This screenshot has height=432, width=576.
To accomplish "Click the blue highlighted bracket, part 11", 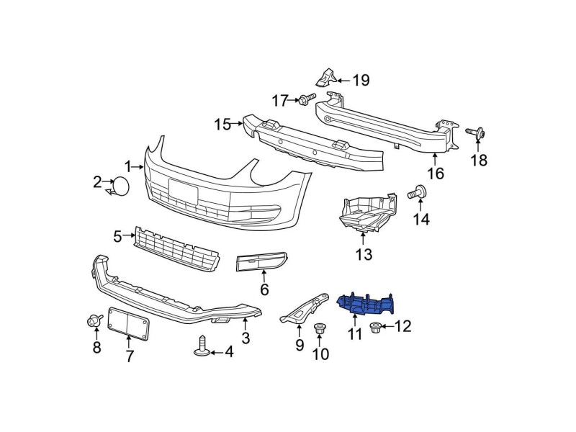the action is [366, 304].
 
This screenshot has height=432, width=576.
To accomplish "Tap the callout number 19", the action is [361, 81].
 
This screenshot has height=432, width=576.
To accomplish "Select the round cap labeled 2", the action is [121, 186].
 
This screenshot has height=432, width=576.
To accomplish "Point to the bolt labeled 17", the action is [307, 99].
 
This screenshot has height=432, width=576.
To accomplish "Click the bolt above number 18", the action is [476, 133].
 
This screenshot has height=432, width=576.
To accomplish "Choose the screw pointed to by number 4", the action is [202, 346].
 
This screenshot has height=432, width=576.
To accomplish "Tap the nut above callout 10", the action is [318, 328].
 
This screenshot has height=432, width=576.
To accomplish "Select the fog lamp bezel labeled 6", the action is [262, 261].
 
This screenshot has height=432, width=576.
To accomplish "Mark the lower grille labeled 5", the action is [177, 248].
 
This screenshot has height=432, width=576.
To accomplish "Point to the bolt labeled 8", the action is [94, 320].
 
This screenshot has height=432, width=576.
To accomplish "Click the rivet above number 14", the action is [418, 192].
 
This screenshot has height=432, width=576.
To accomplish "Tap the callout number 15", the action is [222, 124].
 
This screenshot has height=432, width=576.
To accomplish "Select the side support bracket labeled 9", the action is [305, 307].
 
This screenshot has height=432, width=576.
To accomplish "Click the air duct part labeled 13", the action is [367, 213].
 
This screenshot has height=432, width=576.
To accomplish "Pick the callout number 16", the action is [436, 174].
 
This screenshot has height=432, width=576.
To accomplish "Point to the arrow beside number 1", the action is [138, 167].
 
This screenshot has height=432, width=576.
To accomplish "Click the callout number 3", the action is [246, 338].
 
